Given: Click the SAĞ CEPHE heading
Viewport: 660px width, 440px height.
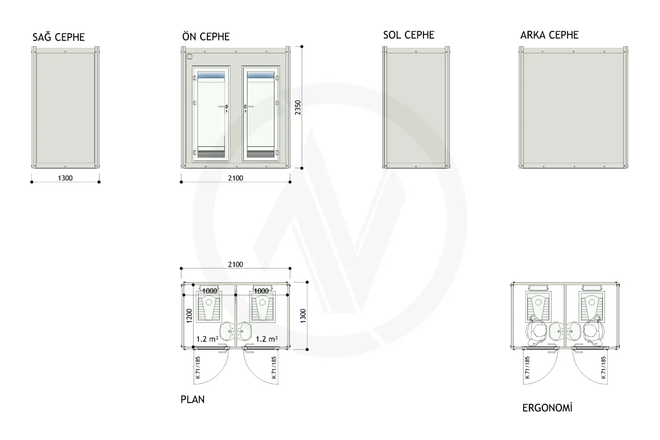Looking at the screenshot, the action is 59,37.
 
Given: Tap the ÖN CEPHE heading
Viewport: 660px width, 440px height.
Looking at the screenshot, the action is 206,36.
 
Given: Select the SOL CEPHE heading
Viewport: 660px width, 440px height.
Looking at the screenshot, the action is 409,35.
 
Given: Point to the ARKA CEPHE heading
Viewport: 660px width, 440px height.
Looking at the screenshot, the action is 549,35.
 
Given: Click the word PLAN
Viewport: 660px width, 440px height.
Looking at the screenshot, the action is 193,400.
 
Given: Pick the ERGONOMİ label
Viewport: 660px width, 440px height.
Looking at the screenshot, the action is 547,408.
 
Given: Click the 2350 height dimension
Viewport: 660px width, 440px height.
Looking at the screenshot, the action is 298,107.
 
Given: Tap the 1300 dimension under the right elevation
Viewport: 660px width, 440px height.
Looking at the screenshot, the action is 65,178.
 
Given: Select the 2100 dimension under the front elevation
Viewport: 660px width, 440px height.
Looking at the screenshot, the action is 235,178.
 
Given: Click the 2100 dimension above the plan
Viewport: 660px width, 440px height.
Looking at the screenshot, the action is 235,265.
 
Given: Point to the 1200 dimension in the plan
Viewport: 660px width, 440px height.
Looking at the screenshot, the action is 189,316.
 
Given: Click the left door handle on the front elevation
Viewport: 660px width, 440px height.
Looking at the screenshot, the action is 224,107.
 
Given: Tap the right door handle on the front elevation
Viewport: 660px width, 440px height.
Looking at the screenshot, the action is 248,107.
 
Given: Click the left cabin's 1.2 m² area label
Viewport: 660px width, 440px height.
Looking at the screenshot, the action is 207,339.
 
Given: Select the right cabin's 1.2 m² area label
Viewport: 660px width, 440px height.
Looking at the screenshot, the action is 266,339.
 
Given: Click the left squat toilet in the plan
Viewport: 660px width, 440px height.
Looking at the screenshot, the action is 209,307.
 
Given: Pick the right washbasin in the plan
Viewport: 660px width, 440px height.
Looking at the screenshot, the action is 244,331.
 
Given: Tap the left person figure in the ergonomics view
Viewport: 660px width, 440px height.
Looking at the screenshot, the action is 537,331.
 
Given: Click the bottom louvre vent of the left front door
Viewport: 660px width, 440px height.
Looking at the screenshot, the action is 211,153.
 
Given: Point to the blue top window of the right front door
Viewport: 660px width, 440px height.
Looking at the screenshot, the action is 261,75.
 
